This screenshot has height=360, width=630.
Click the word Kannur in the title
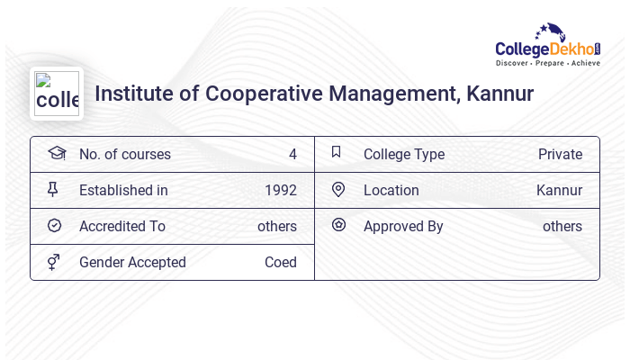coord(499,94)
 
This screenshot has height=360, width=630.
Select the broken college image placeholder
coord(57,94)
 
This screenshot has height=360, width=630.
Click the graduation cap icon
coord(56,153)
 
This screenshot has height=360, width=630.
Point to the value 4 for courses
coord(292,154)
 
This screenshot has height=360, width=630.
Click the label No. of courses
coord(124,154)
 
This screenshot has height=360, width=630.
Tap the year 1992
coord(280,190)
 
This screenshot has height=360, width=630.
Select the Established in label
coord(123,190)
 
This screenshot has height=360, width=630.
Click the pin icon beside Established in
coord(53,189)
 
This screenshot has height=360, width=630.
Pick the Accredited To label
coord(121,226)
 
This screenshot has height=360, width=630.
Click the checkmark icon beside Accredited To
coord(54,225)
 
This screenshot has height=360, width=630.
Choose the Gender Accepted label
coord(132,262)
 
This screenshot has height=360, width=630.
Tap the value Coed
coord(280,262)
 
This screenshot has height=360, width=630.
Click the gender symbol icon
coord(54,262)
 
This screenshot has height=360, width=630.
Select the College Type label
coord(403,154)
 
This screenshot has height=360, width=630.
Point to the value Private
coord(560,154)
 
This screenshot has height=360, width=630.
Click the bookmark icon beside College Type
coord(337,152)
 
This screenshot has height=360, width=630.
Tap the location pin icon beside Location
coord(337,189)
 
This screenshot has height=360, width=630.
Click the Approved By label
coord(403,226)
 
